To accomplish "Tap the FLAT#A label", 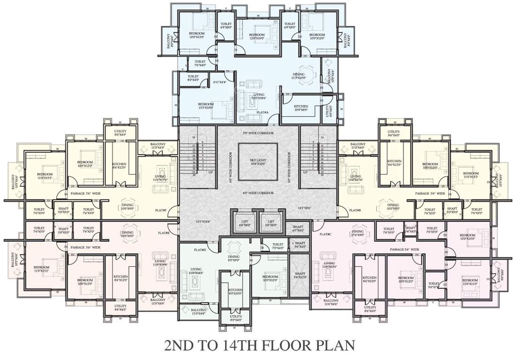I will coord(263,112).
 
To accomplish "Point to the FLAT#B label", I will coord(355,210).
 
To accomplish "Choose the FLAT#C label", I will coord(325,234).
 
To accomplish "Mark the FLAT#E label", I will coord(164,233).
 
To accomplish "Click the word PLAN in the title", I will coord(330,345).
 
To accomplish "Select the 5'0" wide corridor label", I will coord(258,133).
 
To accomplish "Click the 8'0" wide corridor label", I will coord(258,193).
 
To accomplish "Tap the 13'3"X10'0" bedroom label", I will coord(205,106).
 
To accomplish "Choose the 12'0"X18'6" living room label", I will coord(259,97).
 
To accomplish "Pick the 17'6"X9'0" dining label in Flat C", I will coord(357,233).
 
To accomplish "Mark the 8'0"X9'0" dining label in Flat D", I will coord(234,258).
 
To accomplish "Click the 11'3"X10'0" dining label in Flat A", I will coord(299,76).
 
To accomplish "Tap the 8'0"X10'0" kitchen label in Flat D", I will coord(235,292).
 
